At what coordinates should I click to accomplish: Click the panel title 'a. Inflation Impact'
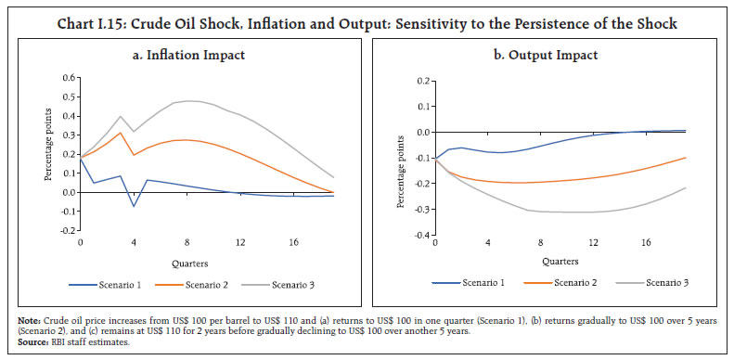tap(189, 55)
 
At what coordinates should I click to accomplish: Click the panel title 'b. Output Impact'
tap(546, 55)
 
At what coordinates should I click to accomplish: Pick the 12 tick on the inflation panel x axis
tap(240, 242)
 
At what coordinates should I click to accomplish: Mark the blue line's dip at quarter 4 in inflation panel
tap(134, 206)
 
